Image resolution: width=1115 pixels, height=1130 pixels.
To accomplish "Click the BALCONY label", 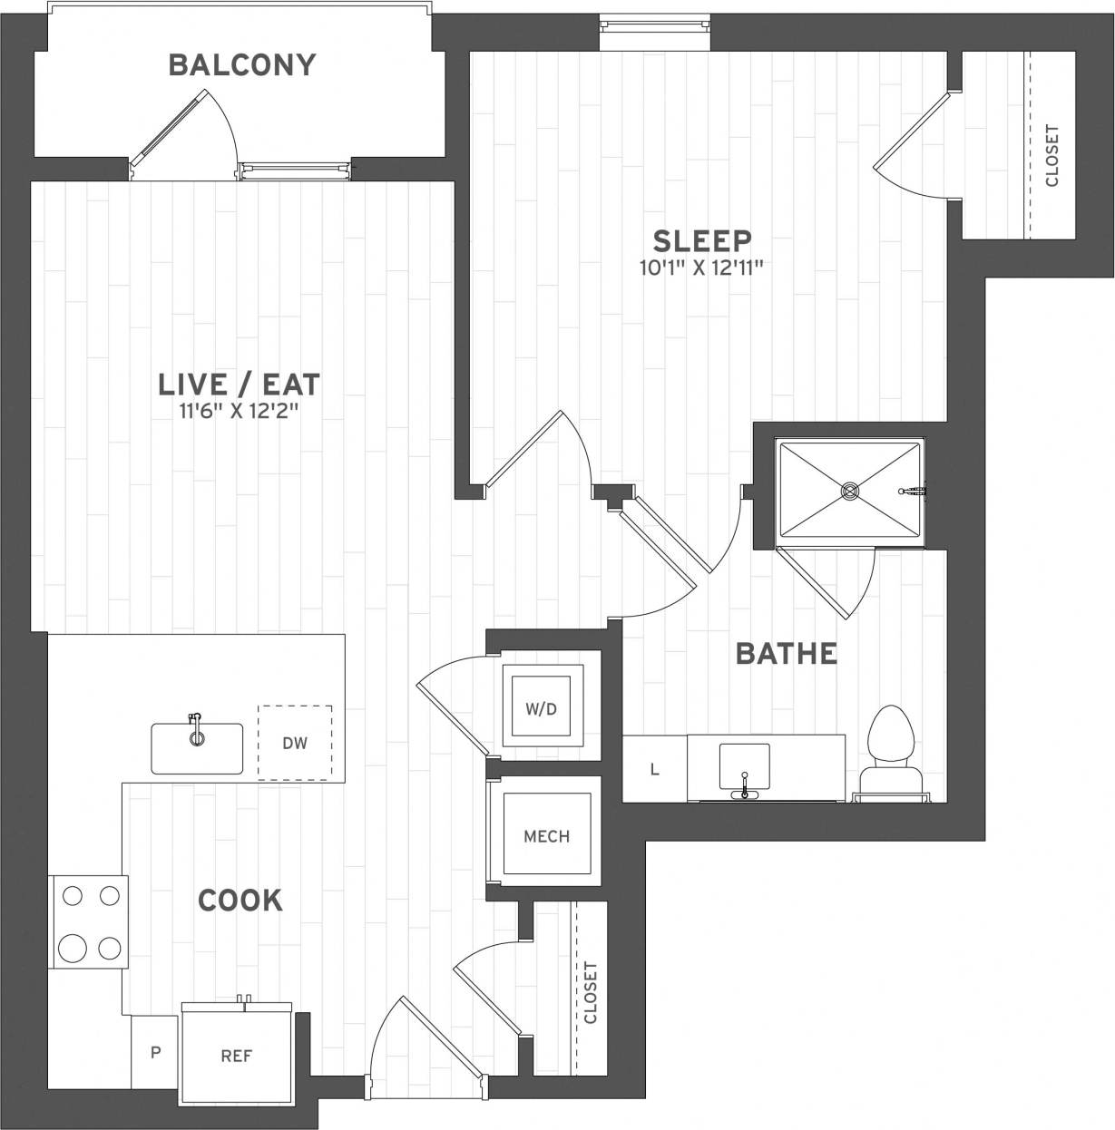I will (242, 65).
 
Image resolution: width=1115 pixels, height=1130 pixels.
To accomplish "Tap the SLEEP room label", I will (702, 241).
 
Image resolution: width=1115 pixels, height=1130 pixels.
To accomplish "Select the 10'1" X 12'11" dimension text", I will (702, 268).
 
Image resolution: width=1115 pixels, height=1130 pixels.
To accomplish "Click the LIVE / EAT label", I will (240, 384).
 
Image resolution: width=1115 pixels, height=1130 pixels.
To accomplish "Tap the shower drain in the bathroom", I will (850, 492).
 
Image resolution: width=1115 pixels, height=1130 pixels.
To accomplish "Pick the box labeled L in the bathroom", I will (654, 770).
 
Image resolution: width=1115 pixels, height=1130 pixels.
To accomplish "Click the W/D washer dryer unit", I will (542, 708).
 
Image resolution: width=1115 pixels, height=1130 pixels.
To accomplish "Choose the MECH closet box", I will (546, 835).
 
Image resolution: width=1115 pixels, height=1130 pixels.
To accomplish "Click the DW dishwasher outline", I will (295, 743).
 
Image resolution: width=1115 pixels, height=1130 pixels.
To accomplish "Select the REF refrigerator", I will (237, 1056).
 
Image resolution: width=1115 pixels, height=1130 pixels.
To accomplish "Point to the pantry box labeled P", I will (155, 1052).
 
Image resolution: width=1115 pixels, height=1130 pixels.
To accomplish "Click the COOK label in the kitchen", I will (240, 901).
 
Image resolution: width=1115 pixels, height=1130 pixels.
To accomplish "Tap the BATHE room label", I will (786, 653).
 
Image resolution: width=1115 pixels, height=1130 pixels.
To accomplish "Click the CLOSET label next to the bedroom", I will (1052, 155).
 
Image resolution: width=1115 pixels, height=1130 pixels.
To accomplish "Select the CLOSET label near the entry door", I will (591, 992).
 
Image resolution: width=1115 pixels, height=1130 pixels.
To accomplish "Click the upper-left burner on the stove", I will (73, 896).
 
